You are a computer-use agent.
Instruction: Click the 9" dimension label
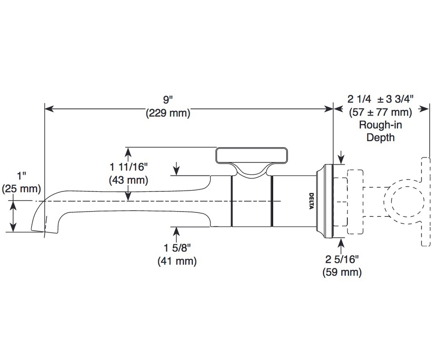pos(168,100)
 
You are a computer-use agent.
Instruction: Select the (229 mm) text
pos(168,113)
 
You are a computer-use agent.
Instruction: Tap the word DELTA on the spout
pos(311,201)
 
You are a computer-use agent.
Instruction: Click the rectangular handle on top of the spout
pos(252,156)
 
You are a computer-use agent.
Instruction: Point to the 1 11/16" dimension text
pos(129,166)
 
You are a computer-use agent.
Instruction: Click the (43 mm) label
pos(129,180)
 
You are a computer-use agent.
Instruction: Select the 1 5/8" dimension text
pos(177,247)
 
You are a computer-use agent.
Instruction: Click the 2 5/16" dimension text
pos(342,259)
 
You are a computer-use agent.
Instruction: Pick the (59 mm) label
pos(342,272)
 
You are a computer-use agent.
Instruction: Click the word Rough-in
pos(380,125)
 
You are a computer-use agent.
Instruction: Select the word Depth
pos(380,138)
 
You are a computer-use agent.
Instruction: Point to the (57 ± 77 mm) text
pos(380,112)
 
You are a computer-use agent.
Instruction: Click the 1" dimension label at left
pos(21,176)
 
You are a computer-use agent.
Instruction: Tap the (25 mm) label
pos(21,189)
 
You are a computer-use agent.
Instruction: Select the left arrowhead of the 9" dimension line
pos(49,109)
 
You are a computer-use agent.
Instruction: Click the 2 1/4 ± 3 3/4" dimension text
pos(380,99)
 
